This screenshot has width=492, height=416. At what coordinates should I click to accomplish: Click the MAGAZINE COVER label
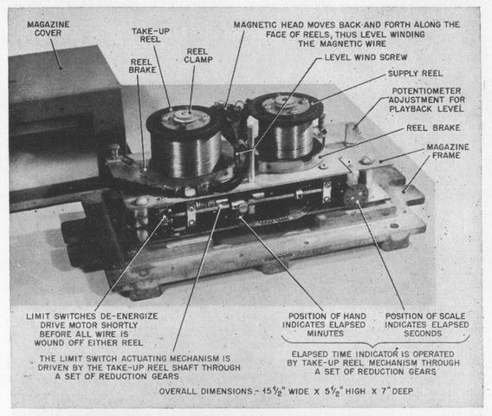[49, 29]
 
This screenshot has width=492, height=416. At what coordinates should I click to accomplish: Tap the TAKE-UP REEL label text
[151, 36]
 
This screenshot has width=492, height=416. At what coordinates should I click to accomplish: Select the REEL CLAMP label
[198, 55]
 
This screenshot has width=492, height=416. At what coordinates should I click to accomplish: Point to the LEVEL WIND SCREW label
[366, 57]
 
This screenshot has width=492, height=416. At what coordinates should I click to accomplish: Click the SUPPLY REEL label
[415, 74]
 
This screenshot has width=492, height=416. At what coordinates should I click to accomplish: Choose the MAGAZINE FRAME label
[448, 151]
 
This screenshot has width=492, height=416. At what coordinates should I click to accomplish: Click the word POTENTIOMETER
[427, 91]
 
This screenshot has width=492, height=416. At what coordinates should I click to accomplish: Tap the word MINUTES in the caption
[326, 334]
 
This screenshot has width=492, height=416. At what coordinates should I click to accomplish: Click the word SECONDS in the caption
[423, 334]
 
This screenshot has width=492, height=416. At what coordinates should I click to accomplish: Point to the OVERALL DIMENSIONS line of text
[286, 392]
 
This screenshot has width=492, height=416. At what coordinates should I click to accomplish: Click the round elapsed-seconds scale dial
[355, 195]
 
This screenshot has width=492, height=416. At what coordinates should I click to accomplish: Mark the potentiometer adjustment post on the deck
[352, 133]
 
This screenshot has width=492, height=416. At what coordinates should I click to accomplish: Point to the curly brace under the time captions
[375, 341]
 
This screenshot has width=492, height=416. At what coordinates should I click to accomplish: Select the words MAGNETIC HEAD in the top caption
[269, 25]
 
